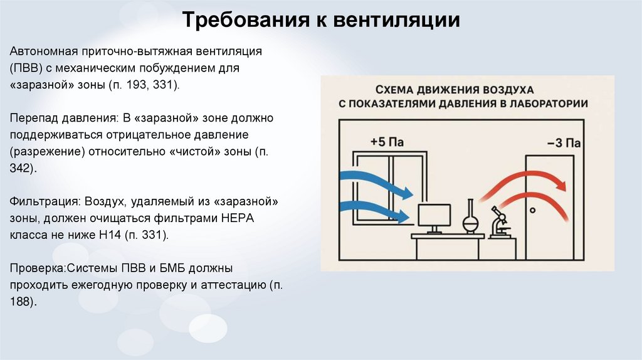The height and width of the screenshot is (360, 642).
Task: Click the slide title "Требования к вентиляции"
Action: (x=321, y=21)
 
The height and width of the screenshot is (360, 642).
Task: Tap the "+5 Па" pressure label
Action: (x=387, y=142)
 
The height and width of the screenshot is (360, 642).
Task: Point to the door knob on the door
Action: (x=532, y=209)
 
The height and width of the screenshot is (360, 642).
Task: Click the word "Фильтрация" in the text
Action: (x=40, y=203)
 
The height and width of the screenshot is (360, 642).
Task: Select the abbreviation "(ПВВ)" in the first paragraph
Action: (x=25, y=67)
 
